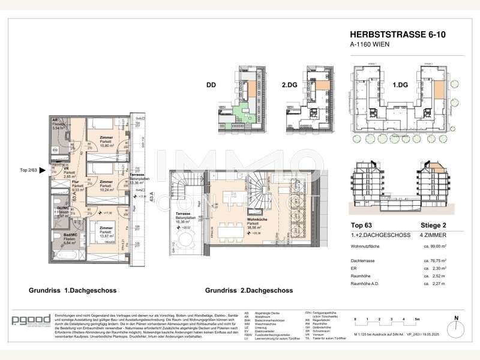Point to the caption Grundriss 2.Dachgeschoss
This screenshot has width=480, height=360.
pyautogui.click(x=248, y=290)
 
